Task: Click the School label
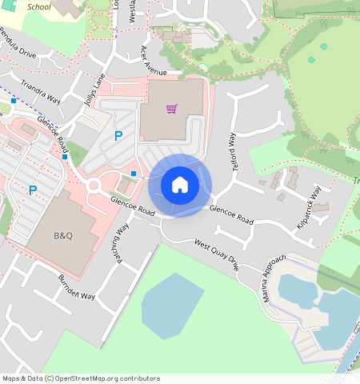[38, 6]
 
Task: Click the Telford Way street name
[234, 150]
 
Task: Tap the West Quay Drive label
[216, 254]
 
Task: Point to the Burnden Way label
[76, 286]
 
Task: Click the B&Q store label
[62, 236]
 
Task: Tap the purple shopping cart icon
[171, 109]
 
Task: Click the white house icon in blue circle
[180, 185]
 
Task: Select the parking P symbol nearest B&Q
[33, 190]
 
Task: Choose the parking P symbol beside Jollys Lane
[118, 137]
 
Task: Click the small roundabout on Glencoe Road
[93, 186]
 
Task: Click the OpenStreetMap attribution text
[80, 378]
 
